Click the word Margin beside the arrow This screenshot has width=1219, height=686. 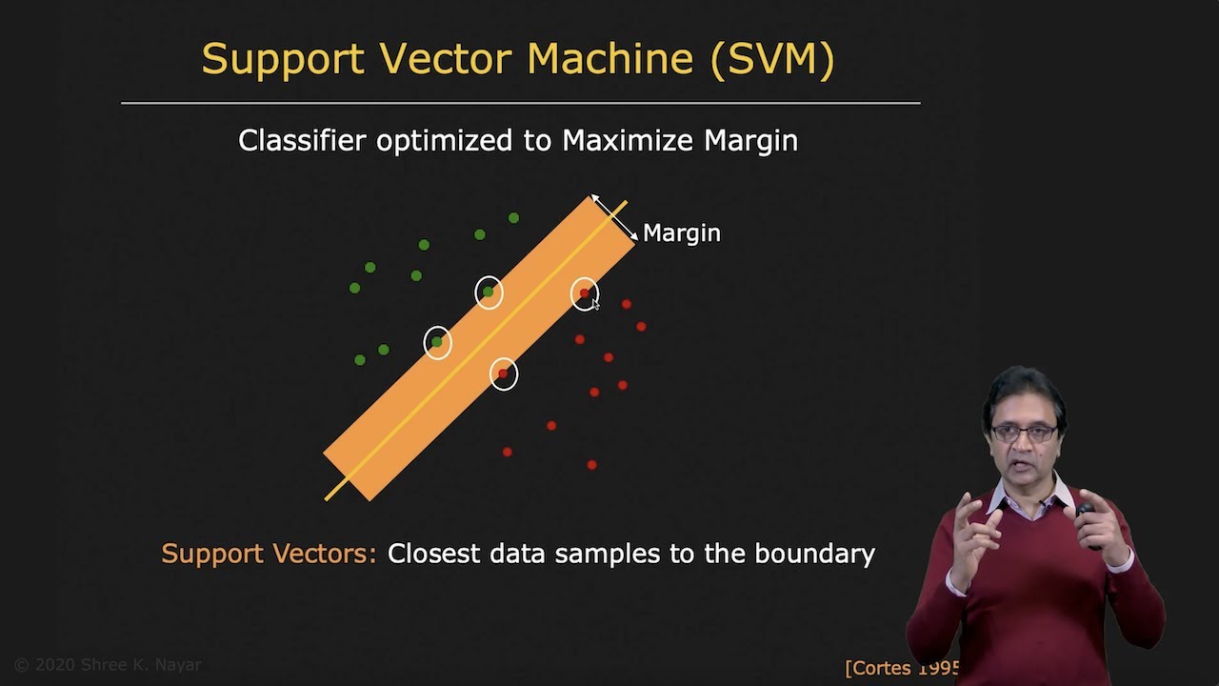coord(681,233)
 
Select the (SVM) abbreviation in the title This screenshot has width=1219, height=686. coord(775,59)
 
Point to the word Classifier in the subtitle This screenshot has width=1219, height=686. coord(302,141)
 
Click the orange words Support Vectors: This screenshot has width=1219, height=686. coord(269,554)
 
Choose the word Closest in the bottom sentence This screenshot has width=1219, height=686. coord(434,554)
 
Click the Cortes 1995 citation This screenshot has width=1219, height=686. coord(901,668)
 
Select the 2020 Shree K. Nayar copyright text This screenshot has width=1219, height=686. coord(108,665)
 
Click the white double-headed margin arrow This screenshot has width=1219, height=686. coord(614,217)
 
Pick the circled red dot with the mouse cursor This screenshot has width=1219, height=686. coord(585,293)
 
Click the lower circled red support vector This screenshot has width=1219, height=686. coord(504,373)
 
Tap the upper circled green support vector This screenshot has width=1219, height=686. coord(489,292)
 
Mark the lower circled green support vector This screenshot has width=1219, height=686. coord(437,341)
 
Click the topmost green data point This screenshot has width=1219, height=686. coord(513,218)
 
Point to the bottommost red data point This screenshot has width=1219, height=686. coord(591,465)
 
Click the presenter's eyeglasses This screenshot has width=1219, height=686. coord(1023,433)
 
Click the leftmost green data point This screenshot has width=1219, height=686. coord(354,288)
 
